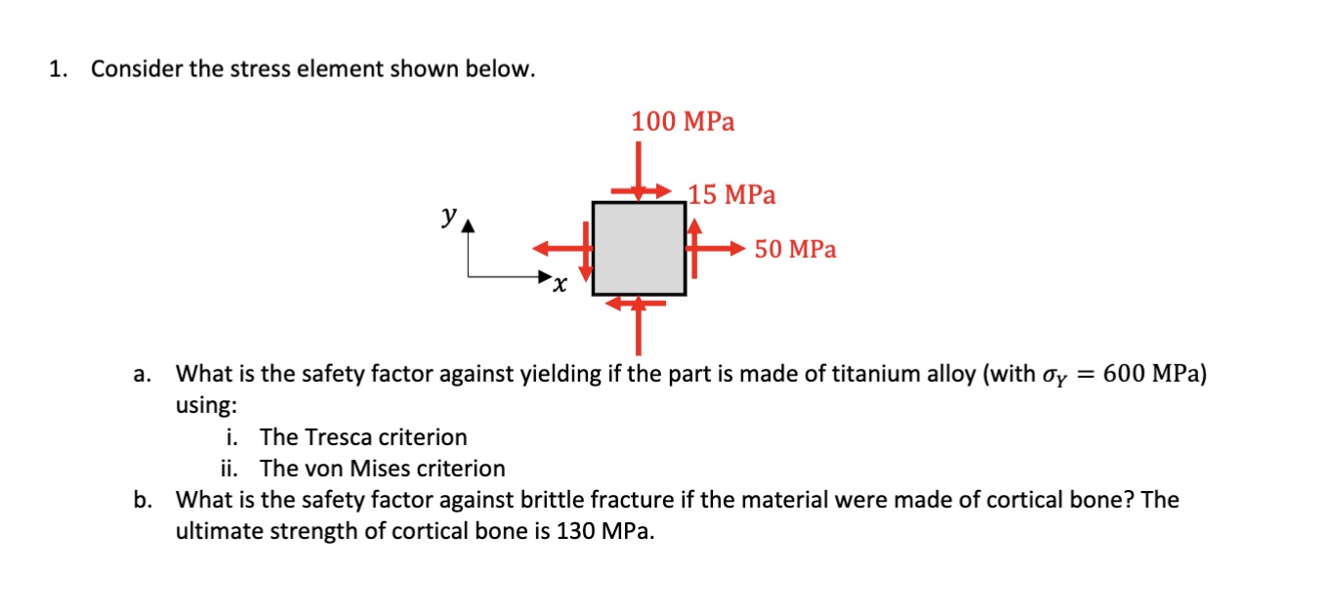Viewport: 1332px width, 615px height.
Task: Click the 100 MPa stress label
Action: (x=683, y=122)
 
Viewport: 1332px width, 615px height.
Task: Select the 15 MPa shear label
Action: (x=731, y=195)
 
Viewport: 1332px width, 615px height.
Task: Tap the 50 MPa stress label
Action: (x=795, y=249)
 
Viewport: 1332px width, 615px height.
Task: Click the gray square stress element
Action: (x=639, y=248)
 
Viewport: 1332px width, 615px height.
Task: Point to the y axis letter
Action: (x=449, y=215)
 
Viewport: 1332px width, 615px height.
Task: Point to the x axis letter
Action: (x=560, y=285)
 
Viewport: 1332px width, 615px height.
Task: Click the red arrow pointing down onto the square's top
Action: (x=638, y=171)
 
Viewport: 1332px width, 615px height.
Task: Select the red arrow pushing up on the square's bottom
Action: (x=638, y=325)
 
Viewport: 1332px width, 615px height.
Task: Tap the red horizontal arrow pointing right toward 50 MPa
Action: (x=716, y=248)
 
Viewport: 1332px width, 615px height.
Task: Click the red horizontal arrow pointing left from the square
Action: (x=562, y=248)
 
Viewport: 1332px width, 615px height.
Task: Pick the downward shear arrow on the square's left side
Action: (x=586, y=251)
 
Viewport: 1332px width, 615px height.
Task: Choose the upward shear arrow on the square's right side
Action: (x=694, y=248)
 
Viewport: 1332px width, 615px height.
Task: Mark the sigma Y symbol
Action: (x=1055, y=376)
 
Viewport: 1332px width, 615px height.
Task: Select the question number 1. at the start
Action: (x=59, y=69)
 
